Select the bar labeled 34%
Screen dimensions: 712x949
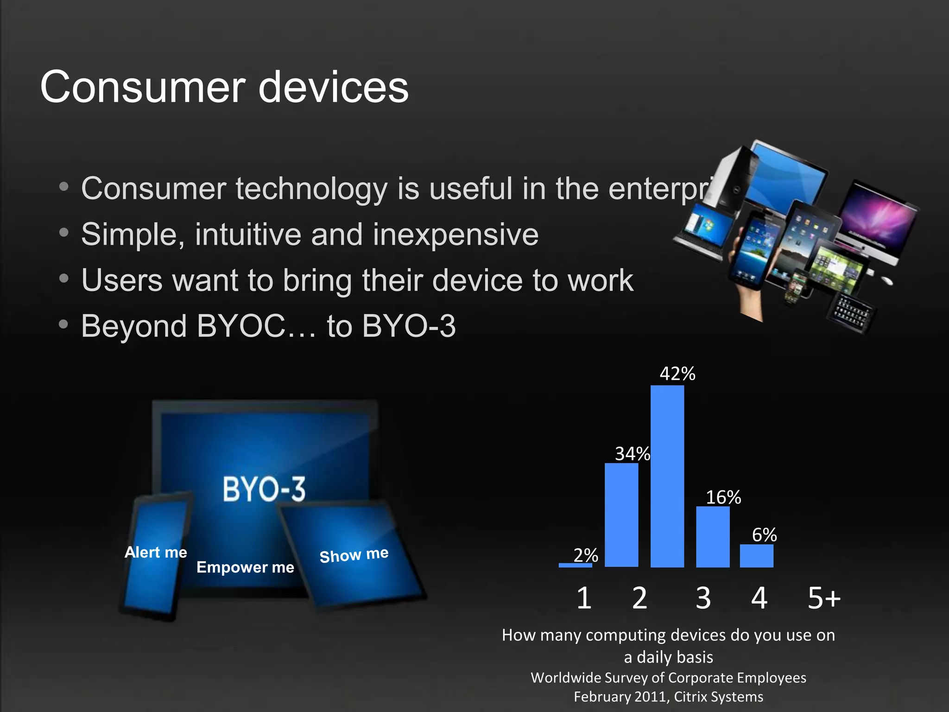point(621,515)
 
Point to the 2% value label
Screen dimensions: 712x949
point(586,555)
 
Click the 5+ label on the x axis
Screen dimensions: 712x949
point(823,598)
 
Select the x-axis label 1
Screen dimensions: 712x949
point(584,598)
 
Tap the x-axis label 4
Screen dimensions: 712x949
point(759,598)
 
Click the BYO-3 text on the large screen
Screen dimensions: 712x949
point(264,489)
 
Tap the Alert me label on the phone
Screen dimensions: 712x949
point(156,552)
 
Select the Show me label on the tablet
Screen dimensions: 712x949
point(354,554)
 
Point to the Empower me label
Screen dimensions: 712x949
point(245,567)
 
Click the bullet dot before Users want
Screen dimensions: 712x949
point(64,278)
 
